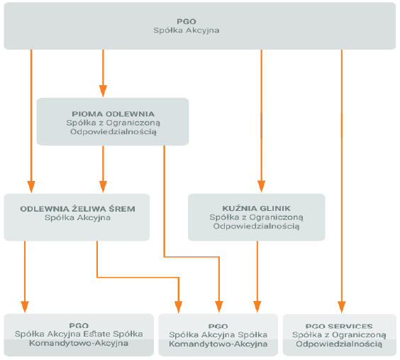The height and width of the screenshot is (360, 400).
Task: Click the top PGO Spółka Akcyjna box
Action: point(200,26)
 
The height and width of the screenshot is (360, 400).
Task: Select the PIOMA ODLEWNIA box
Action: point(113,121)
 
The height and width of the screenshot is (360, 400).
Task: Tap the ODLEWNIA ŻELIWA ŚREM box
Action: point(77,217)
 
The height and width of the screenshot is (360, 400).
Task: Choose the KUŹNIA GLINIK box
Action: point(256,217)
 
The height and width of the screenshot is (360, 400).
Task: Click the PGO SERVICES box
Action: point(340,334)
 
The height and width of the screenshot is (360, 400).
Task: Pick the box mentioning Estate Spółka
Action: point(79,334)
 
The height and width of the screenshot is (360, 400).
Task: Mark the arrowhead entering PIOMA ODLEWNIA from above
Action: point(103,91)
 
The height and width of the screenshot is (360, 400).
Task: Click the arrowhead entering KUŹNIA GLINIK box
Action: point(261,186)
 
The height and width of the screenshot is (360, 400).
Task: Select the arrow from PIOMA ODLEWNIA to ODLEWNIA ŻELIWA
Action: point(103,169)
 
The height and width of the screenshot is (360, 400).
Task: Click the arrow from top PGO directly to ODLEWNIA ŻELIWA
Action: point(31,121)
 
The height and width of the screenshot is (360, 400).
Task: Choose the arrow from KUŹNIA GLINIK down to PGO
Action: point(257,277)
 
